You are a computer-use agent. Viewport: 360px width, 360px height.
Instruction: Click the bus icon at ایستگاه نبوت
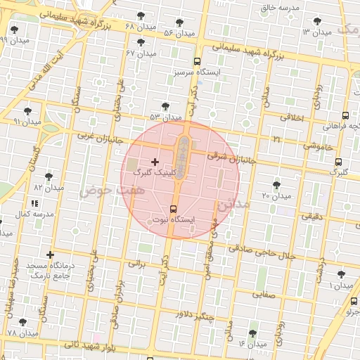[x=174, y=209]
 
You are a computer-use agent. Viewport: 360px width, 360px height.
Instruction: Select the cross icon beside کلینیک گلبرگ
[x=155, y=162]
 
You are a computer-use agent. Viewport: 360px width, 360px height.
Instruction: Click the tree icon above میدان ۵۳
[x=165, y=107]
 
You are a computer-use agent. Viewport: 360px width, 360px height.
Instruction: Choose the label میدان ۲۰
[x=276, y=195]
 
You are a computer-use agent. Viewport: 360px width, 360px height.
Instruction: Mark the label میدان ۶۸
[x=139, y=27]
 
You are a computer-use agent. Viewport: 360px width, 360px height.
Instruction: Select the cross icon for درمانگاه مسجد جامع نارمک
[x=50, y=255]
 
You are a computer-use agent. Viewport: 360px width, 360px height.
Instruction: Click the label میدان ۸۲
[x=49, y=188]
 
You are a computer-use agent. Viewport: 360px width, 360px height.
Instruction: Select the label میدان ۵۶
[x=179, y=33]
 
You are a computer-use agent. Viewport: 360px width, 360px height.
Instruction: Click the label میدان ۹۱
[x=27, y=122]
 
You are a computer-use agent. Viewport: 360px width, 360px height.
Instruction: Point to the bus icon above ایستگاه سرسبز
[x=198, y=61]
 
